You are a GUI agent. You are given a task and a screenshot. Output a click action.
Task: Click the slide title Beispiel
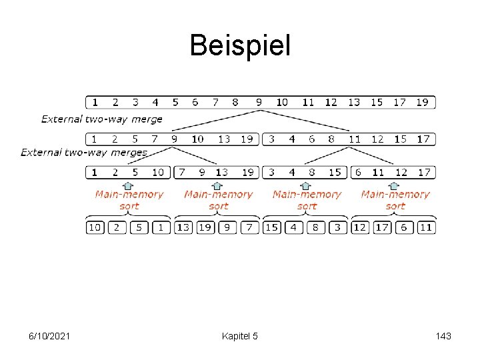point(240,45)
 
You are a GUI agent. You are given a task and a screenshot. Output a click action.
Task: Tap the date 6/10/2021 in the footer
point(49,337)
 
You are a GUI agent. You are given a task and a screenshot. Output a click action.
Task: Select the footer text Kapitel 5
point(239,337)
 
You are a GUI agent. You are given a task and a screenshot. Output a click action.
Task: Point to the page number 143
point(441,337)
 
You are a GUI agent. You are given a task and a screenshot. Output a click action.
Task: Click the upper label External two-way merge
point(102,119)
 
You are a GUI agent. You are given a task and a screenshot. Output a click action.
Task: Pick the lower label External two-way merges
point(84,152)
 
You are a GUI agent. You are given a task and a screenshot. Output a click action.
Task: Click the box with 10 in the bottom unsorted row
point(95,227)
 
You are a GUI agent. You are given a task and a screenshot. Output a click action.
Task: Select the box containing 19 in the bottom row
point(205,227)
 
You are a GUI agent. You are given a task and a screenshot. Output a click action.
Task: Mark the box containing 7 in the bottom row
point(249,227)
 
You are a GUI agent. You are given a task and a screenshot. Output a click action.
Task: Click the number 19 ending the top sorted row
point(423,102)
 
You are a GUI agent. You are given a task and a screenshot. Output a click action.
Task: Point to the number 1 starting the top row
point(95,102)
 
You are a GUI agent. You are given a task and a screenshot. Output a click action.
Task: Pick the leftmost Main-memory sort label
point(129,200)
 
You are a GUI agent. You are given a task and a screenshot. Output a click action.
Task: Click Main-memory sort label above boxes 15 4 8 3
point(306,200)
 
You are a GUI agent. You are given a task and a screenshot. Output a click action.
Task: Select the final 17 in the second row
point(423,139)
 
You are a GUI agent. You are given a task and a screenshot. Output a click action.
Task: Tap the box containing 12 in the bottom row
point(361,227)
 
